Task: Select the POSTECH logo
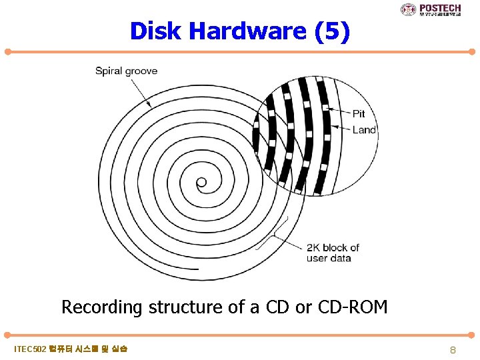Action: (430, 9)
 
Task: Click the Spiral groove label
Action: (127, 71)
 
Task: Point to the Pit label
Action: (358, 114)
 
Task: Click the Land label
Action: (364, 130)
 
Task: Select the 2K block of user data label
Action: (333, 253)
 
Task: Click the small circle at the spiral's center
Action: (201, 182)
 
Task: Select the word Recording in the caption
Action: (102, 307)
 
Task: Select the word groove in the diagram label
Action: (141, 71)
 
